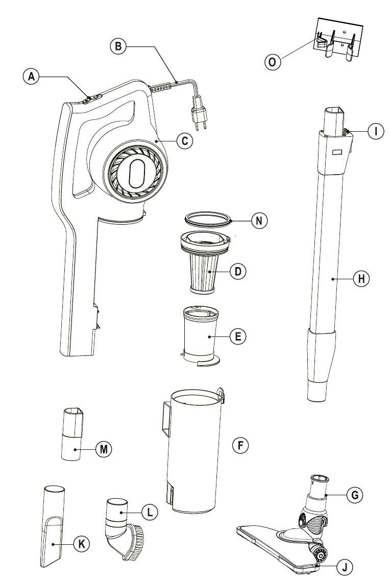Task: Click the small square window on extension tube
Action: pos(336,152)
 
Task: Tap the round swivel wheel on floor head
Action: pos(320,553)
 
